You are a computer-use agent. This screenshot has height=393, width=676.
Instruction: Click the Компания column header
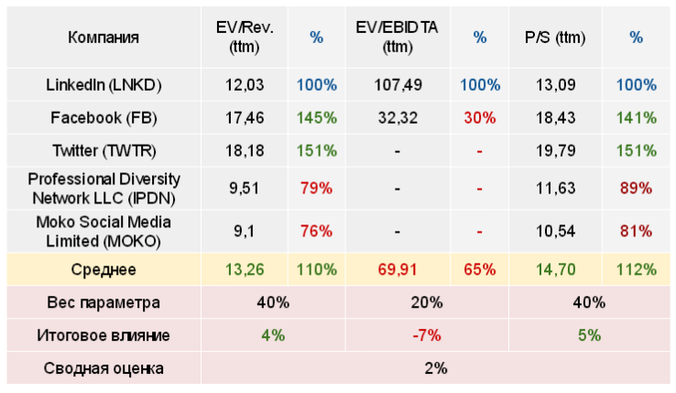[104, 38]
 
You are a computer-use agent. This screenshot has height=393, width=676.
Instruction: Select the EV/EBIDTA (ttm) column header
[397, 38]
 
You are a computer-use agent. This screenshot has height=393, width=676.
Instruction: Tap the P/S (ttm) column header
[555, 38]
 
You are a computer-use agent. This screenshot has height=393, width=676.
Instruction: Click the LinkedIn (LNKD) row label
[104, 85]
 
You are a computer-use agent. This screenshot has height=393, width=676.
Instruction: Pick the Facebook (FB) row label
[104, 118]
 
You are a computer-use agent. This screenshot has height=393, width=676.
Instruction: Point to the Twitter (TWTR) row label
[104, 151]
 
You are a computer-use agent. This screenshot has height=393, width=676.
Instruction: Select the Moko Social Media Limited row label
[104, 230]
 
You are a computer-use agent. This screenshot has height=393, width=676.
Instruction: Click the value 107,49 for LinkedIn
[398, 85]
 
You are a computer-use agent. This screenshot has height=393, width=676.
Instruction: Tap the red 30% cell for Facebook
[479, 118]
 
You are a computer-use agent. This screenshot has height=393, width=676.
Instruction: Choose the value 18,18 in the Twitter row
[245, 151]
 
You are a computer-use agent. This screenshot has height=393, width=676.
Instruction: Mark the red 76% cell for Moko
[316, 231]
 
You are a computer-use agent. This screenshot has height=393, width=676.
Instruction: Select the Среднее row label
[104, 269]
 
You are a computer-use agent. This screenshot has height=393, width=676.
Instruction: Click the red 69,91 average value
[398, 269]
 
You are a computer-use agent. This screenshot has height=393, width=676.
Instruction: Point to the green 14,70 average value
[555, 269]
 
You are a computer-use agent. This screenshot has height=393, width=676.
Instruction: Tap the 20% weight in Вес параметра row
[427, 302]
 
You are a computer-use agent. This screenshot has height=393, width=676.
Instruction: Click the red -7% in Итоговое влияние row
[427, 335]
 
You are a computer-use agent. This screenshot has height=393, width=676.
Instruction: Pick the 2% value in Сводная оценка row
[435, 368]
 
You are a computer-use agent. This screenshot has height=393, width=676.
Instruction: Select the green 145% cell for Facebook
[316, 118]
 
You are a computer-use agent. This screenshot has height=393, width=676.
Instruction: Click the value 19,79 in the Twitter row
[555, 151]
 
